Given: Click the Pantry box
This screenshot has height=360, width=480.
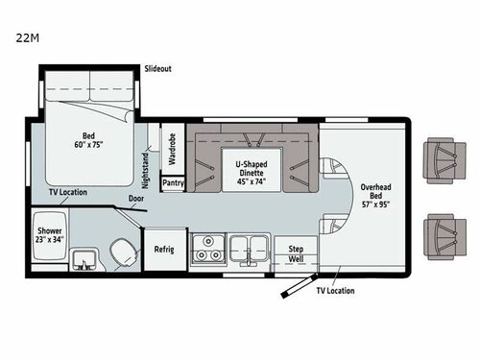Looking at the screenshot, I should point(174,181).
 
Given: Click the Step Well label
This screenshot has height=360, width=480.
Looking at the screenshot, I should point(297,253).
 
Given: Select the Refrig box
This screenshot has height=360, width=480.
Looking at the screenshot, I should point(164,250).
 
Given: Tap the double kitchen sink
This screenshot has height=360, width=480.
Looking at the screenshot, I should point(250,248).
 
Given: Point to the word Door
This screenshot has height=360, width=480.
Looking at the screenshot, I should point(137,200).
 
